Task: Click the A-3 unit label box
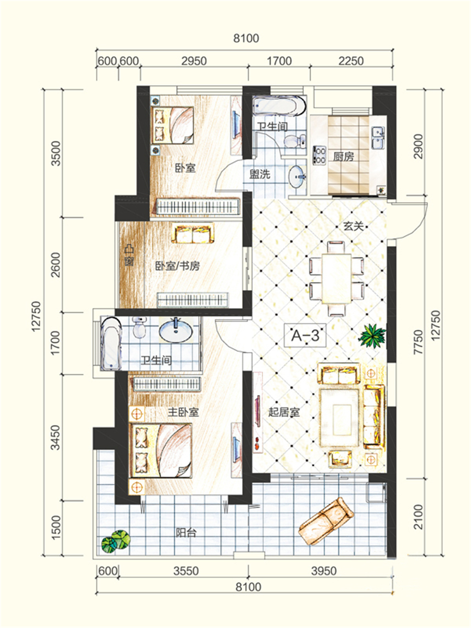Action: click(x=305, y=335)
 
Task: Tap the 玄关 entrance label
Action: click(x=353, y=226)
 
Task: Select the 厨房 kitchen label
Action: click(x=343, y=156)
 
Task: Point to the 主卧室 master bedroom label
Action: click(x=183, y=412)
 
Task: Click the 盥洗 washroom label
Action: click(x=260, y=174)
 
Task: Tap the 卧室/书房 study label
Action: click(x=177, y=266)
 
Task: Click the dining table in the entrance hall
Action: click(x=337, y=278)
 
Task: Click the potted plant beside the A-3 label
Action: click(x=372, y=335)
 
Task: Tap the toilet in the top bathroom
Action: click(x=295, y=141)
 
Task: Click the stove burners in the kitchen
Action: click(x=319, y=155)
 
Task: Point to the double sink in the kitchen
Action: click(x=378, y=138)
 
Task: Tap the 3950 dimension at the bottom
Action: click(x=324, y=571)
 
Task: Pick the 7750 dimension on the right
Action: click(x=418, y=342)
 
